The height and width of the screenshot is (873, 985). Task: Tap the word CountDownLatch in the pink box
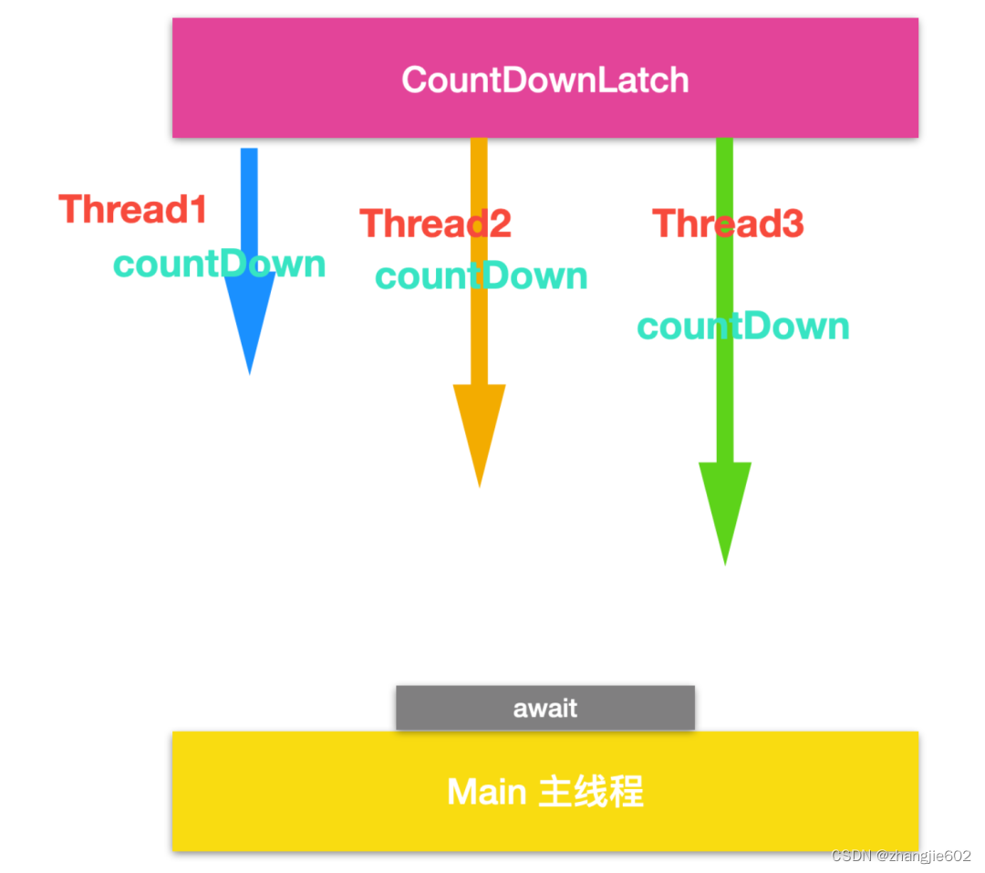(545, 80)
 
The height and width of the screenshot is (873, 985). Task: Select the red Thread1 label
(133, 210)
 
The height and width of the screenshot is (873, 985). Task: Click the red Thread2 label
(435, 223)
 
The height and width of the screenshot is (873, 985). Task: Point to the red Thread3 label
(728, 223)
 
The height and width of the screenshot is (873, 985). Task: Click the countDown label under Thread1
(219, 264)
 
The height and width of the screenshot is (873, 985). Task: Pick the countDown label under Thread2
(482, 275)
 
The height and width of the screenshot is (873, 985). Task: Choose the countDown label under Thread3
(743, 326)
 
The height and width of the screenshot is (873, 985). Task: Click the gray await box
(438, 708)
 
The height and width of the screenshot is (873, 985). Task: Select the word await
(545, 708)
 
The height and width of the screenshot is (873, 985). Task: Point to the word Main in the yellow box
(486, 792)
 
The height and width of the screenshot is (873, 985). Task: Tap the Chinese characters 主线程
(591, 792)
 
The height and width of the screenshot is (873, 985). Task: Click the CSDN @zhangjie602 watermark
(901, 856)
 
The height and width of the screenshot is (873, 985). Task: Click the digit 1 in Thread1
(197, 210)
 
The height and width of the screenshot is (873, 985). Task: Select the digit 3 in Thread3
(793, 223)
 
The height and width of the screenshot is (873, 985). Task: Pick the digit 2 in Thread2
(500, 223)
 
